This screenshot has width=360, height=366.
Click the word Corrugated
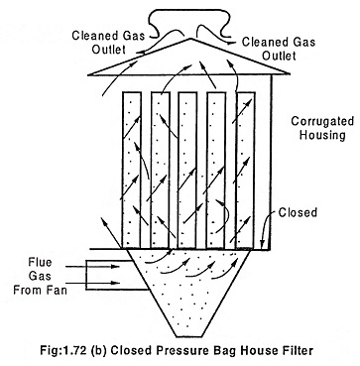322,122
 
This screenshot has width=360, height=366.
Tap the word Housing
322,136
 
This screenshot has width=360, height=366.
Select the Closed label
298,212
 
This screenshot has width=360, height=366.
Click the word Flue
40,263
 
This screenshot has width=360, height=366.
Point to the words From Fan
40,290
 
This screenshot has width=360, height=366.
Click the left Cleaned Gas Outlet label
108,43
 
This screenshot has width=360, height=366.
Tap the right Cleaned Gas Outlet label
279,49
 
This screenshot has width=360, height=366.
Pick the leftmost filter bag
132,170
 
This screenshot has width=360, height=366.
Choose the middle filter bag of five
188,170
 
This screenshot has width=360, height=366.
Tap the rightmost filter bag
246,170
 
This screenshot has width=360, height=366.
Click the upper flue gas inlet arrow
92,266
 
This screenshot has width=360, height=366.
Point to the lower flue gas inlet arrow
92,283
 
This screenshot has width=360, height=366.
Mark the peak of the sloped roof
190,39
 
